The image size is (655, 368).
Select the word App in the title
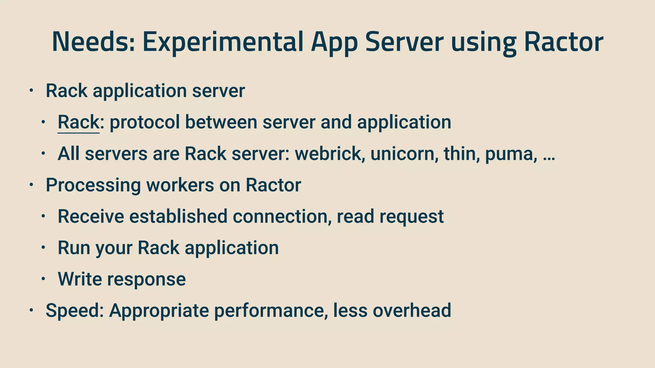pyautogui.click(x=334, y=43)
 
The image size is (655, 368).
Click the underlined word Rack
pyautogui.click(x=78, y=122)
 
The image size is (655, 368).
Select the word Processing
pyautogui.click(x=93, y=185)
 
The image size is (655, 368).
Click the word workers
pyautogui.click(x=180, y=185)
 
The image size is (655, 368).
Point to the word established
pyautogui.click(x=178, y=216)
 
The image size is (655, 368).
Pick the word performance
pyautogui.click(x=271, y=310)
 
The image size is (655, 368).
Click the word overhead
pyautogui.click(x=412, y=310)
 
